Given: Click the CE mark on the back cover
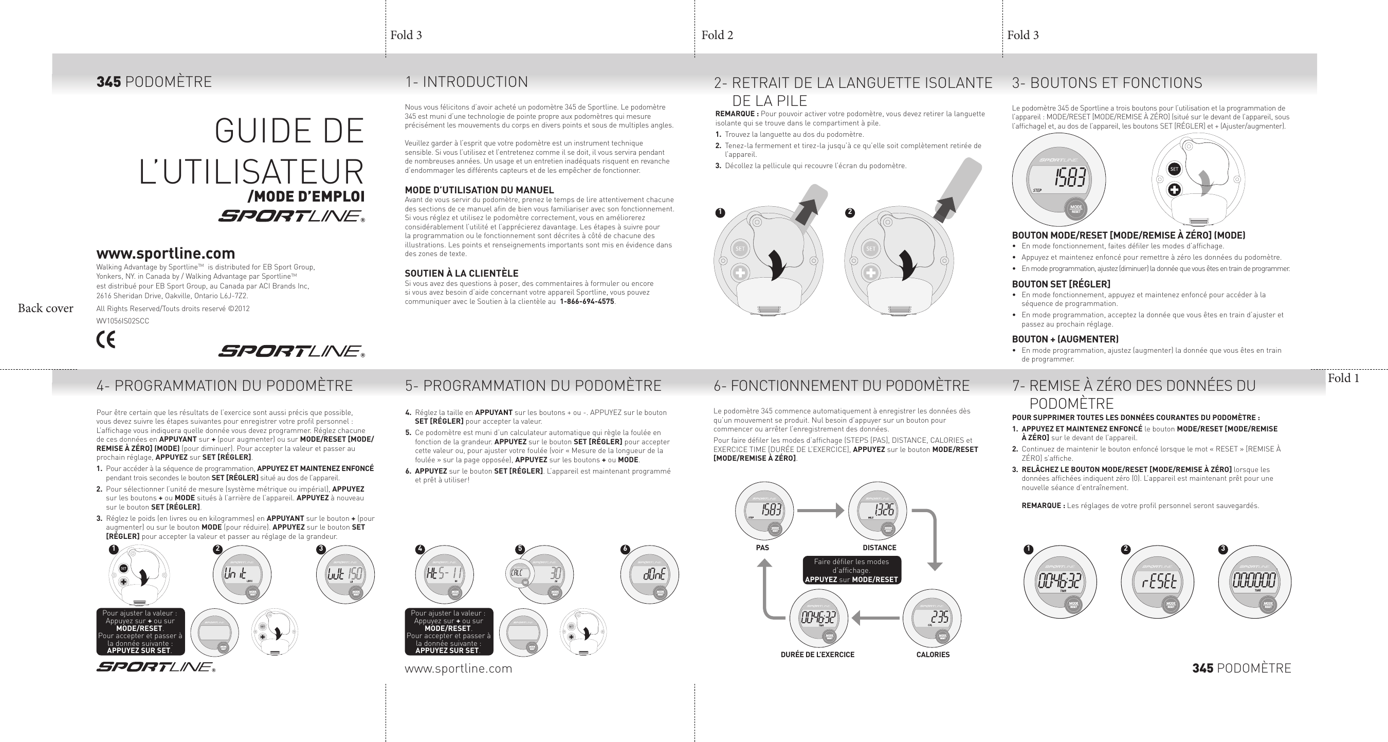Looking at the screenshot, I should point(105,339).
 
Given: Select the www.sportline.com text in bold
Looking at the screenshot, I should point(166,254).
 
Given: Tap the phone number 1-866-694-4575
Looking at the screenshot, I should point(587,302).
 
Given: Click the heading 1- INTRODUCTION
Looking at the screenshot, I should point(466,82).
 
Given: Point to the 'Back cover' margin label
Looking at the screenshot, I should point(45,308).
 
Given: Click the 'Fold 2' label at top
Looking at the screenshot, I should point(717,35).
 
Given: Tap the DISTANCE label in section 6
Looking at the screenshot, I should point(880,548).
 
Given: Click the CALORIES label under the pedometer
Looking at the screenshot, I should point(933,655).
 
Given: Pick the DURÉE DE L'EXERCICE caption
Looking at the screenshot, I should point(817,655).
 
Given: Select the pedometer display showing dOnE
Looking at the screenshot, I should point(653,574).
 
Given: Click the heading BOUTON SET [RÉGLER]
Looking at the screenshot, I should point(1061,284).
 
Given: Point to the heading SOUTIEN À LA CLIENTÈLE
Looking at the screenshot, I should point(461,273).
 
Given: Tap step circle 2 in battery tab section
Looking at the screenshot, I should point(850,212).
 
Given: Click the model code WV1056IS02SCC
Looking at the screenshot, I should point(122,321).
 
